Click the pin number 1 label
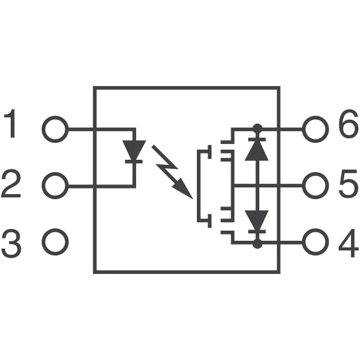pos(12,127)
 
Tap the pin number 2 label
pos(12,184)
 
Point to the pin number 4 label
pos(348,243)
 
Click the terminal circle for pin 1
pos(55,129)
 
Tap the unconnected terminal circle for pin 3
pos(55,242)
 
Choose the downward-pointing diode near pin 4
pos(258,220)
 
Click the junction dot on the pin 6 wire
pos(258,129)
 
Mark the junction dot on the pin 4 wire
pos(258,243)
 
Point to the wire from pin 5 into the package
pos(281,184)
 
